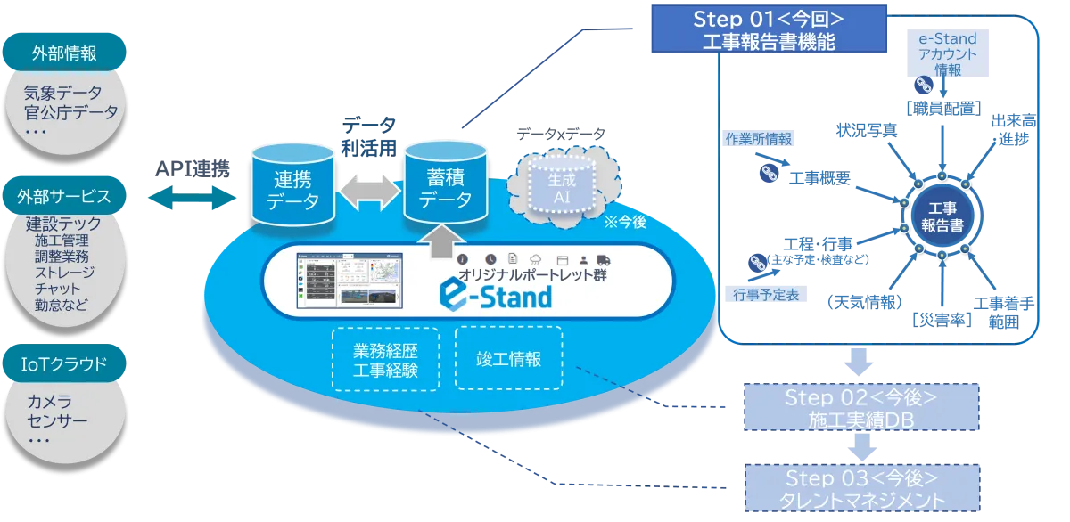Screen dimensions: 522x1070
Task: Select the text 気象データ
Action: pyautogui.click(x=64, y=92)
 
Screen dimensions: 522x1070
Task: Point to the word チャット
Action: pyautogui.click(x=58, y=289)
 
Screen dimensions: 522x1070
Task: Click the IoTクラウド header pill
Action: pyautogui.click(x=64, y=363)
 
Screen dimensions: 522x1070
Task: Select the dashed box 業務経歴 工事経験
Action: pyautogui.click(x=385, y=358)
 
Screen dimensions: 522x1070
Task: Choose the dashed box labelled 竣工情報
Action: pyautogui.click(x=508, y=358)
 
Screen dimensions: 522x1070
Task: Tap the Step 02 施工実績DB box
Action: pyautogui.click(x=860, y=409)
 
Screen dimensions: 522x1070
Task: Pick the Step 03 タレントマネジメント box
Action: pyautogui.click(x=860, y=488)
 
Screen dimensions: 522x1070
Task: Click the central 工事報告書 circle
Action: pyautogui.click(x=942, y=216)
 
